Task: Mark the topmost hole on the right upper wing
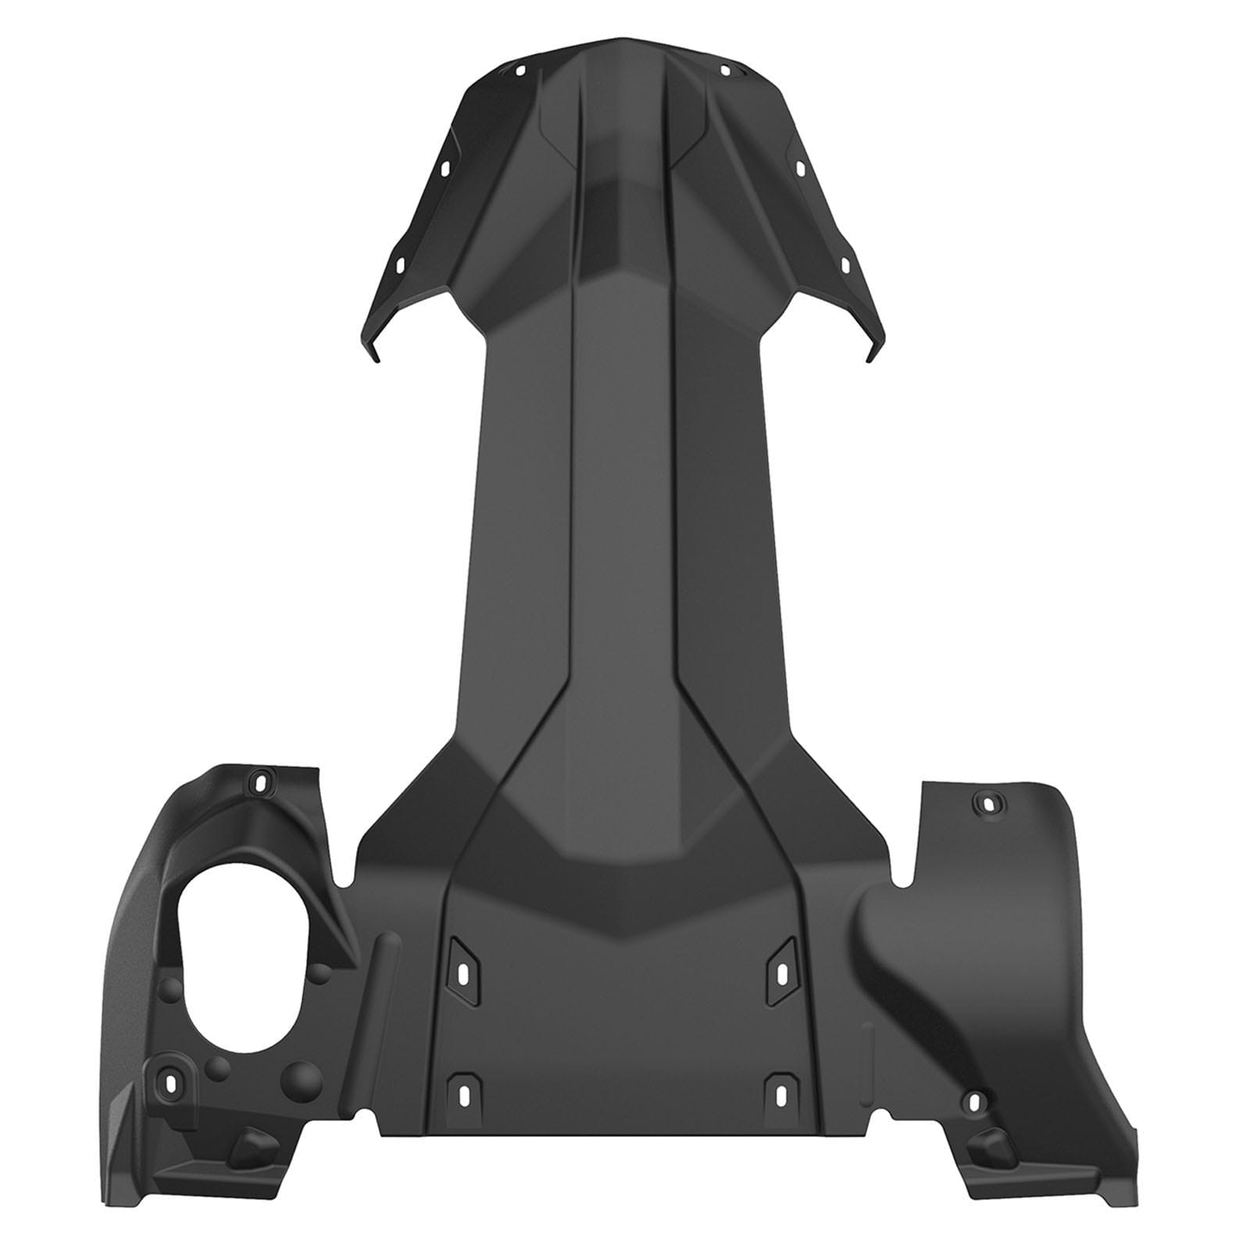point(724,71)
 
